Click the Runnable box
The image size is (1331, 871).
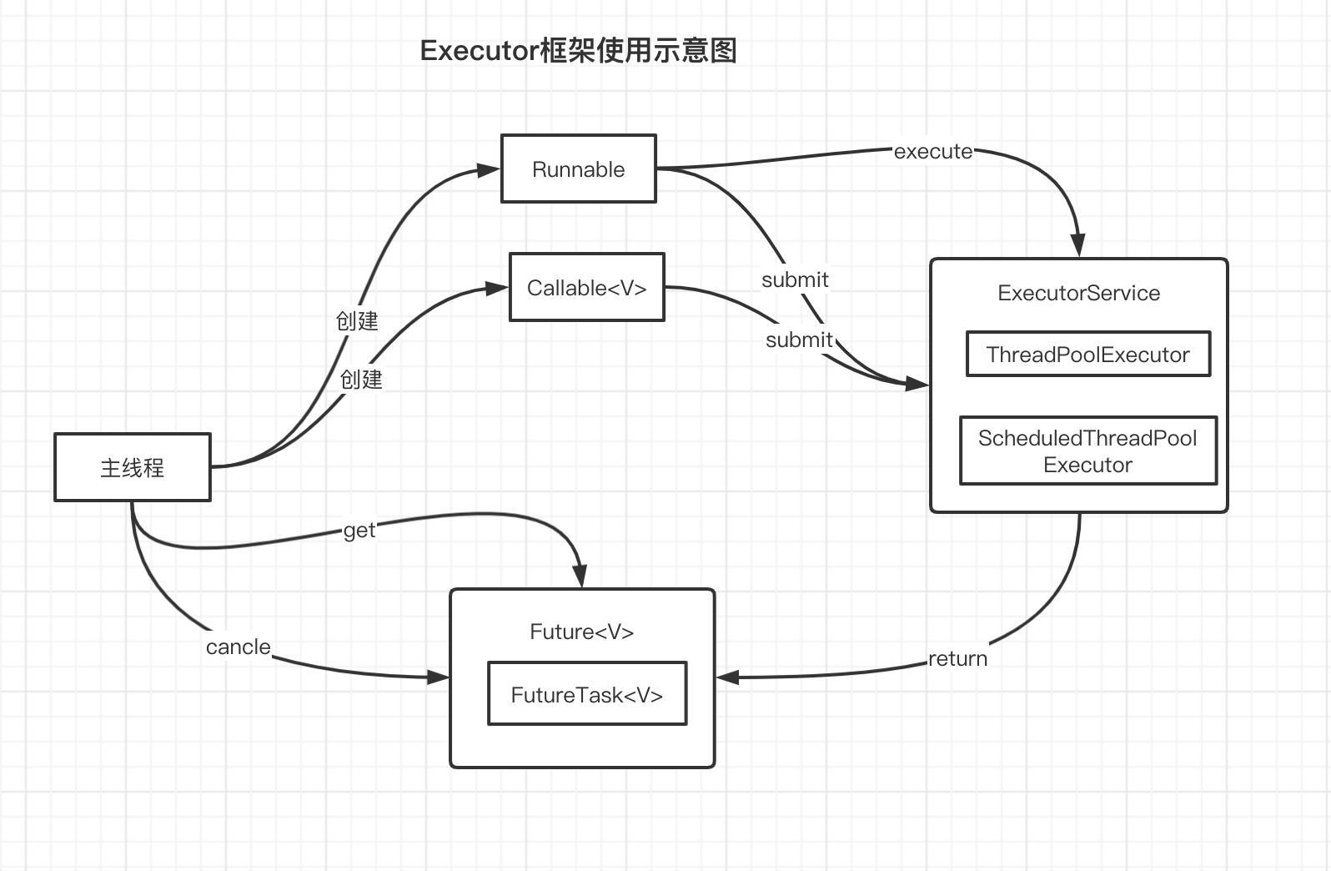coord(578,169)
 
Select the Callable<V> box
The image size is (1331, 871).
coord(586,287)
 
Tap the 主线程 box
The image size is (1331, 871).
coord(132,467)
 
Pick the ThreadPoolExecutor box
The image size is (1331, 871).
coord(1087,355)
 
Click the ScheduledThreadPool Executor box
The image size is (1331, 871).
coord(1087,451)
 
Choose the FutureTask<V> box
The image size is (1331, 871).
coord(586,694)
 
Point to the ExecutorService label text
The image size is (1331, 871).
coord(1078,293)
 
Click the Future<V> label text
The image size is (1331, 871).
coord(581,632)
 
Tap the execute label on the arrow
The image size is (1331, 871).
coord(932,152)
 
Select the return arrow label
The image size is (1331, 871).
coord(957,658)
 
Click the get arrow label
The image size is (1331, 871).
coord(359,531)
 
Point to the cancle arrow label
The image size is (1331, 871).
coord(239,647)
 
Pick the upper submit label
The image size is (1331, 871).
coord(795,279)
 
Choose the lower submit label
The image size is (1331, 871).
coord(799,340)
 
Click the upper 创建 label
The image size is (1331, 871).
coord(357,321)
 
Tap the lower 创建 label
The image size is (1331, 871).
coord(361,380)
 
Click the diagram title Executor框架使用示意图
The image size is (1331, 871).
coord(578,51)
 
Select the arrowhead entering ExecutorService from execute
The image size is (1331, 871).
coord(1078,245)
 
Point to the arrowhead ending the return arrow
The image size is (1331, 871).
coord(728,677)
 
